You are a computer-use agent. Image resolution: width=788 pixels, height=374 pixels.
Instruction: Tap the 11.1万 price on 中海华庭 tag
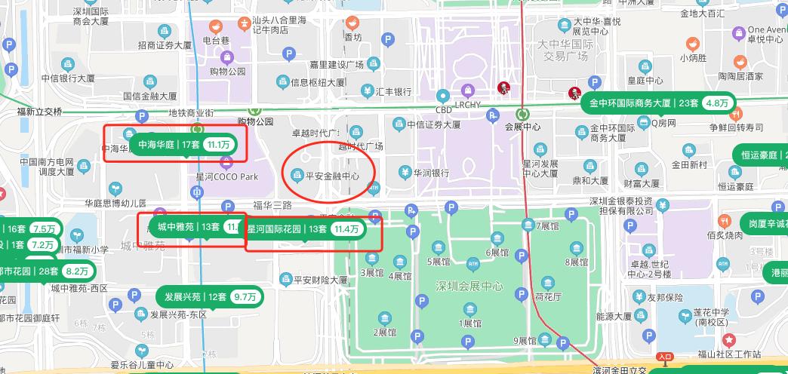point(220,144)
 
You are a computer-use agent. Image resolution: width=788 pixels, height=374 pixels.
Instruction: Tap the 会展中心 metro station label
point(522,127)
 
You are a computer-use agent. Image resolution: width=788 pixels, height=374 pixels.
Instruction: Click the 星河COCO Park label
point(226,176)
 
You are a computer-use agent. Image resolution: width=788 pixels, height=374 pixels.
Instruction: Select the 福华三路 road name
point(272,205)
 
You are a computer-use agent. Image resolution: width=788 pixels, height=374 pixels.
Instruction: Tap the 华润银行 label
point(431,172)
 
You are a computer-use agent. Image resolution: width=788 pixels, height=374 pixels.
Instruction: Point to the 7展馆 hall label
point(546,225)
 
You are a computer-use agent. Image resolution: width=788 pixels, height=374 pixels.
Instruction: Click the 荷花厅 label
point(547,296)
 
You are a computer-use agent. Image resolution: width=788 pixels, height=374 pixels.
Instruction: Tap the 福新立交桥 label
point(39,112)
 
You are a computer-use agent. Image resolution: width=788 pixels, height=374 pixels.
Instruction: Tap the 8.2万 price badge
point(77,271)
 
